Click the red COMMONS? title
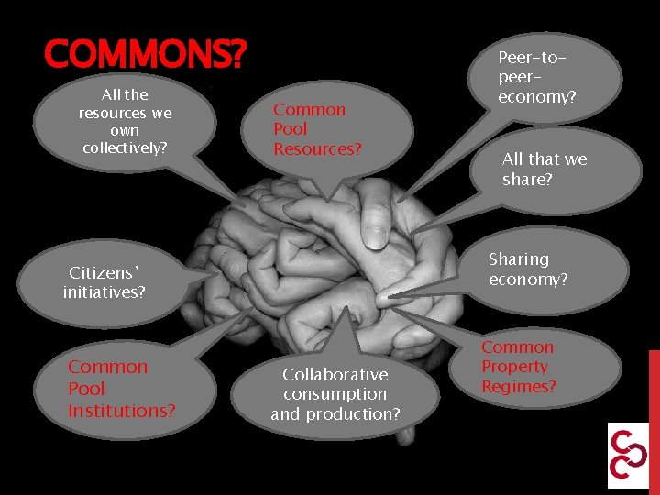click(x=145, y=56)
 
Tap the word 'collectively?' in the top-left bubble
click(x=125, y=148)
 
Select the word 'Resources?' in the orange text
click(x=317, y=148)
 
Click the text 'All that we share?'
click(x=544, y=170)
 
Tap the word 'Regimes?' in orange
click(x=519, y=387)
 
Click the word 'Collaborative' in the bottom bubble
click(x=335, y=374)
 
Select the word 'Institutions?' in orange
click(x=121, y=411)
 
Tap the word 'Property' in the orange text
click(x=515, y=367)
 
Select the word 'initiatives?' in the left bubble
click(x=104, y=292)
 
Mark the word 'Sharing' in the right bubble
click(x=519, y=259)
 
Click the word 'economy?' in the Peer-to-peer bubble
click(x=536, y=96)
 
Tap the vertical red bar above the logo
click(x=654, y=385)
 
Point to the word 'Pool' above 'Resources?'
click(x=291, y=129)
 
